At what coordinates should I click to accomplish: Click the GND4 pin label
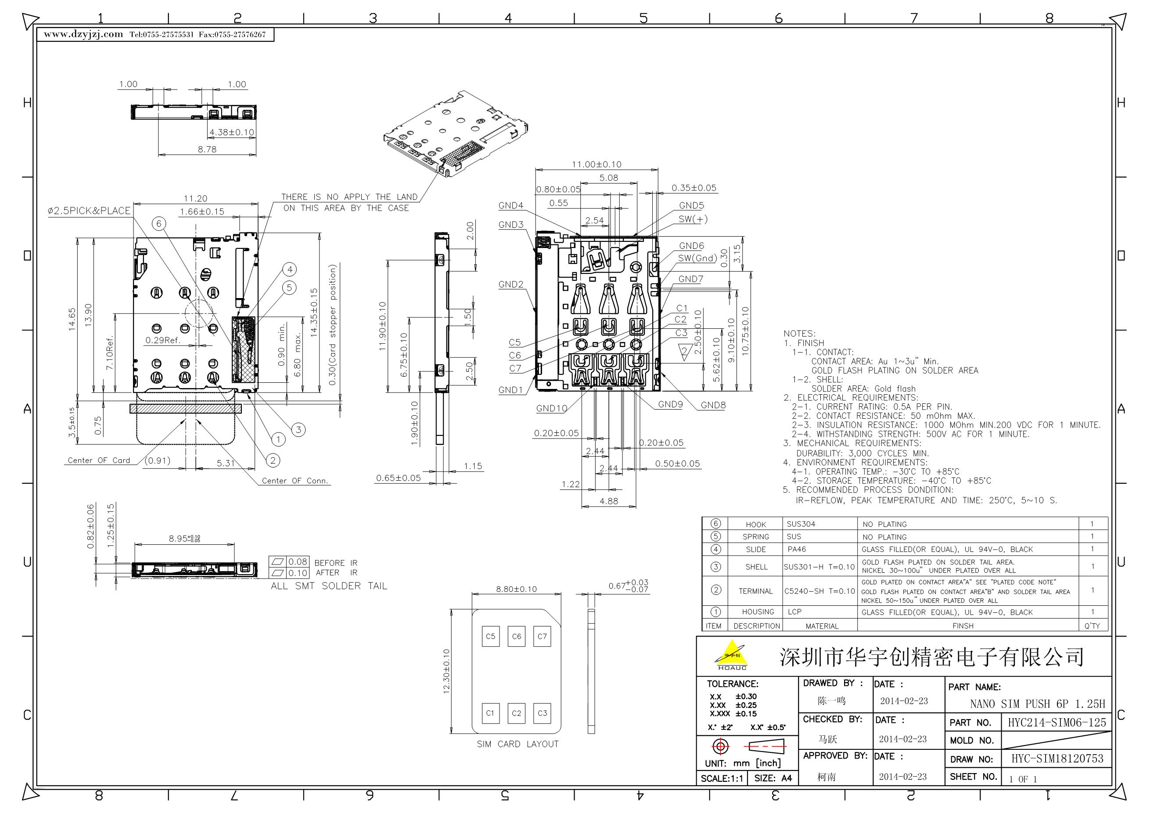[x=510, y=205]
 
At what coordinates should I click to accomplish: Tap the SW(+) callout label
[x=693, y=219]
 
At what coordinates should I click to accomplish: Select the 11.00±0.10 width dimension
[x=597, y=164]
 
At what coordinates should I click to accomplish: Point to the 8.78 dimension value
[x=207, y=149]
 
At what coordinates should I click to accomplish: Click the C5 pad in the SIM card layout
[x=490, y=636]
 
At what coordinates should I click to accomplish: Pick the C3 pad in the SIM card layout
[x=542, y=713]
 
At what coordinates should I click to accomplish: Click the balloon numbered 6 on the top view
[x=159, y=223]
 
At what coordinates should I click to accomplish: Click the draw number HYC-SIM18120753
[x=1057, y=759]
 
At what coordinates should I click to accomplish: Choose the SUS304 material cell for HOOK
[x=801, y=524]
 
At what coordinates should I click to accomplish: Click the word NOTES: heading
[x=799, y=334]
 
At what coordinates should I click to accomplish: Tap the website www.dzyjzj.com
[x=83, y=34]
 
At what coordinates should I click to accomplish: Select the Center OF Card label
[x=99, y=460]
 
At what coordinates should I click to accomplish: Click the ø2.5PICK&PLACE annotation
[x=89, y=211]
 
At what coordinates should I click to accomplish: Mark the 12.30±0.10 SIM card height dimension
[x=447, y=672]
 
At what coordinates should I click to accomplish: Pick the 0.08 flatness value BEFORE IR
[x=298, y=561]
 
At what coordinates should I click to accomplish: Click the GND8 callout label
[x=713, y=405]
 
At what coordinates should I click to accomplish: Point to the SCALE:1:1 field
[x=722, y=778]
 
